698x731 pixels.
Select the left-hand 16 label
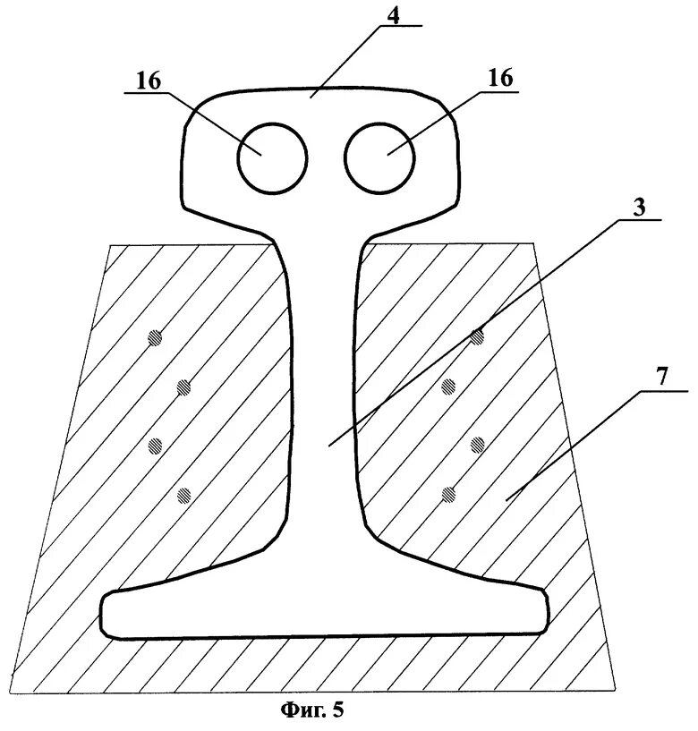click(149, 80)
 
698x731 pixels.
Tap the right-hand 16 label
click(501, 78)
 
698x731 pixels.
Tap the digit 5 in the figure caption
click(338, 712)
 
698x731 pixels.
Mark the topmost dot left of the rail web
click(157, 337)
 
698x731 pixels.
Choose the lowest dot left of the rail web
click(185, 494)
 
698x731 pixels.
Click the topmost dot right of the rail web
click(478, 336)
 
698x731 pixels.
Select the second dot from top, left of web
click(184, 387)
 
